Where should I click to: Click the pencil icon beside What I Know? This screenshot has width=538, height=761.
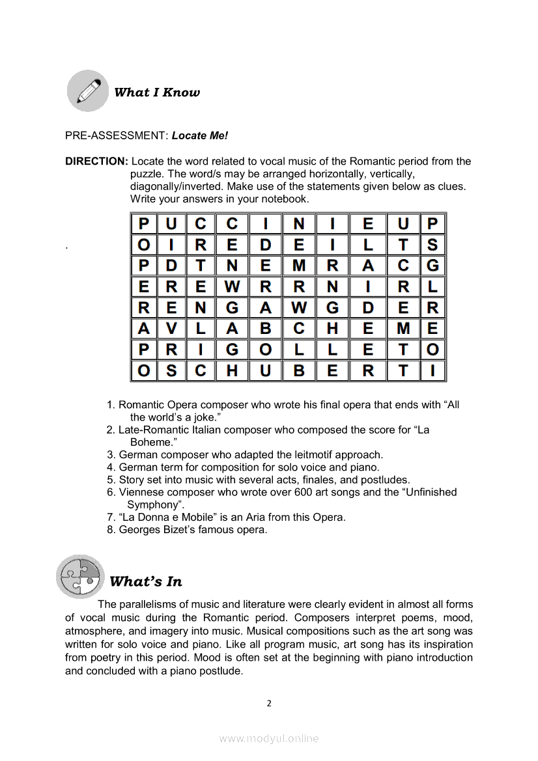pos(88,91)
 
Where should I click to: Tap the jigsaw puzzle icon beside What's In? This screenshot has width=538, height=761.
pos(80,576)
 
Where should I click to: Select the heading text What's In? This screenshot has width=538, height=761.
pos(146,581)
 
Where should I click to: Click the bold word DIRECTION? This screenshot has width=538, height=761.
pos(96,161)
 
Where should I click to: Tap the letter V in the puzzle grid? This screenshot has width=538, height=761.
pos(171,329)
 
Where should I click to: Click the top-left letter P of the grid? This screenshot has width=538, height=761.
pos(144,225)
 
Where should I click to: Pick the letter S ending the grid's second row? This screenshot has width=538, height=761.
pos(432,245)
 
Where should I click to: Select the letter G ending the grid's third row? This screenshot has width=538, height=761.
pos(432,266)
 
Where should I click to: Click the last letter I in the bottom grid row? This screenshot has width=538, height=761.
pos(432,371)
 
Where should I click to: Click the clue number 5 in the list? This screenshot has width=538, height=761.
pos(111,480)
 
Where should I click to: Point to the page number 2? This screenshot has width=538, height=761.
pos(269,703)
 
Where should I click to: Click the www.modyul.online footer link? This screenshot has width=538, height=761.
pos(269,738)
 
